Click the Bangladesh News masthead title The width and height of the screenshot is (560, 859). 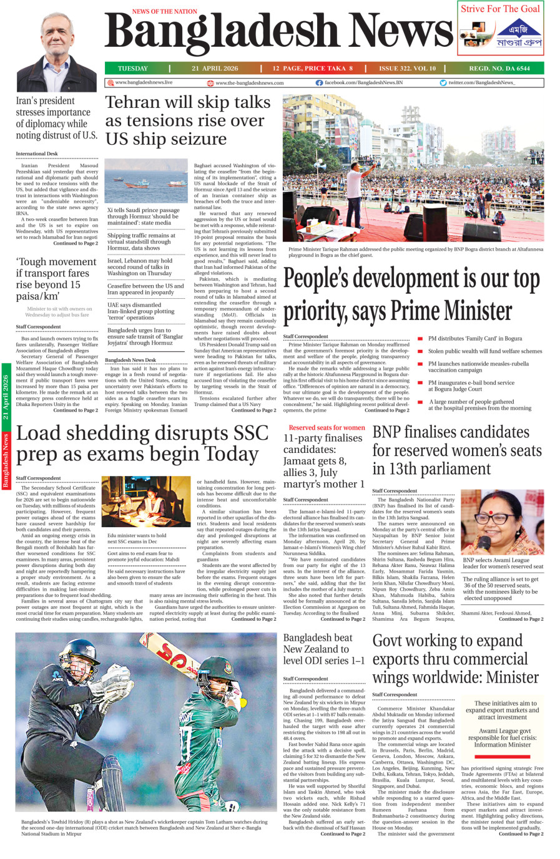(278, 34)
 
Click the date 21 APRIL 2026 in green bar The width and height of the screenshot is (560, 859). (215, 69)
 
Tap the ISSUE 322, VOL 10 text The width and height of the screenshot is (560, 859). (407, 69)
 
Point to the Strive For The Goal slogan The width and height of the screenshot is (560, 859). (500, 9)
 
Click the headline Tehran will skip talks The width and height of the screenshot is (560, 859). (187, 120)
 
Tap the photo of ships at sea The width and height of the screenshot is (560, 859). (146, 181)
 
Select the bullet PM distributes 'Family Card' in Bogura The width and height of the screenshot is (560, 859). (474, 339)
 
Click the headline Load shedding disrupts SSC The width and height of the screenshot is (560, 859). (142, 443)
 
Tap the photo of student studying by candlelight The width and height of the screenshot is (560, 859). (146, 502)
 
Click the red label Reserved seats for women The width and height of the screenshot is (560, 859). (327, 427)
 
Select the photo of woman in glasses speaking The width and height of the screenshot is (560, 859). (501, 522)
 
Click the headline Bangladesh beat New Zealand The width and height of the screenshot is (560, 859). (323, 649)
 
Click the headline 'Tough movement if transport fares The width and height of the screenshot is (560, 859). (56, 279)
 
